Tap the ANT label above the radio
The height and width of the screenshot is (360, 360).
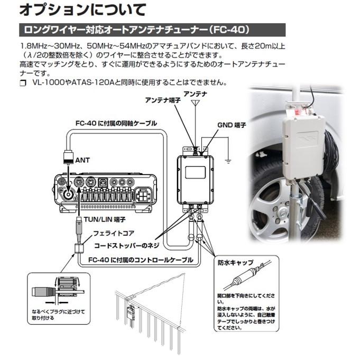(83, 159)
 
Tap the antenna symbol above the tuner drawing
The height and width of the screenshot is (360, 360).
(195, 103)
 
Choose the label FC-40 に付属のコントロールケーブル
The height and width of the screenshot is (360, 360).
(141, 260)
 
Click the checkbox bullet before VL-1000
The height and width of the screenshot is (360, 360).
(22, 84)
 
